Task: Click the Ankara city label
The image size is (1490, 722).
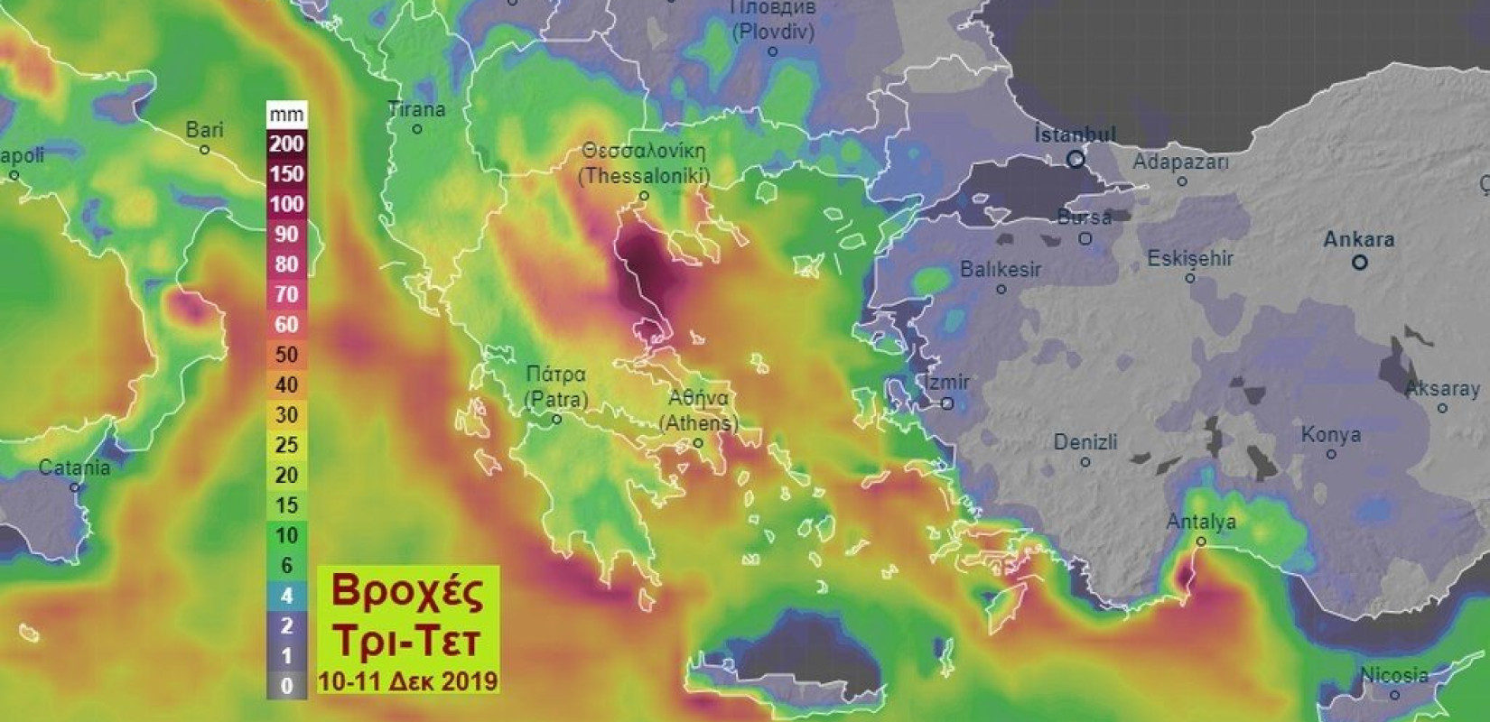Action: pyautogui.click(x=1358, y=240)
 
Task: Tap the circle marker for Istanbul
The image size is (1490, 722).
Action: pyautogui.click(x=1076, y=159)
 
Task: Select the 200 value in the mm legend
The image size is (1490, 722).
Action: pyautogui.click(x=286, y=143)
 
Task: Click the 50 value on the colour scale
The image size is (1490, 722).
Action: pyautogui.click(x=286, y=355)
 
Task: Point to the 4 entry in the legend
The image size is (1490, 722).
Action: pyautogui.click(x=286, y=596)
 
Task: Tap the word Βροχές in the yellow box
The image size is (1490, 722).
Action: pyautogui.click(x=407, y=591)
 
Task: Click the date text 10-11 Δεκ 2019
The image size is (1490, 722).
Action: pyautogui.click(x=407, y=680)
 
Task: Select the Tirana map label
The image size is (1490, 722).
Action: pyautogui.click(x=416, y=109)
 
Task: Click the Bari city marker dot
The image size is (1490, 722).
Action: pyautogui.click(x=205, y=150)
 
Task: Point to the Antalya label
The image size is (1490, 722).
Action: pyautogui.click(x=1201, y=522)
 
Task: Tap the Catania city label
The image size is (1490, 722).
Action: pyautogui.click(x=74, y=467)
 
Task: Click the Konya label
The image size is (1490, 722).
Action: pyautogui.click(x=1330, y=434)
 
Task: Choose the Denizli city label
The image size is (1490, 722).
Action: pyautogui.click(x=1085, y=442)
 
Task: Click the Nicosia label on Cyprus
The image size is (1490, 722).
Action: pyautogui.click(x=1394, y=675)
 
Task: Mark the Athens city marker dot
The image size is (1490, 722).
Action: pyautogui.click(x=698, y=443)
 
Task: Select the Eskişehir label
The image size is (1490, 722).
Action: pyautogui.click(x=1190, y=259)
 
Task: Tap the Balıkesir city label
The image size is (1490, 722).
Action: pyautogui.click(x=1001, y=269)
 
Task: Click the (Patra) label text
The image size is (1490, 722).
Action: pyautogui.click(x=556, y=399)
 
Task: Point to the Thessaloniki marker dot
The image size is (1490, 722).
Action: pyautogui.click(x=644, y=196)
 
